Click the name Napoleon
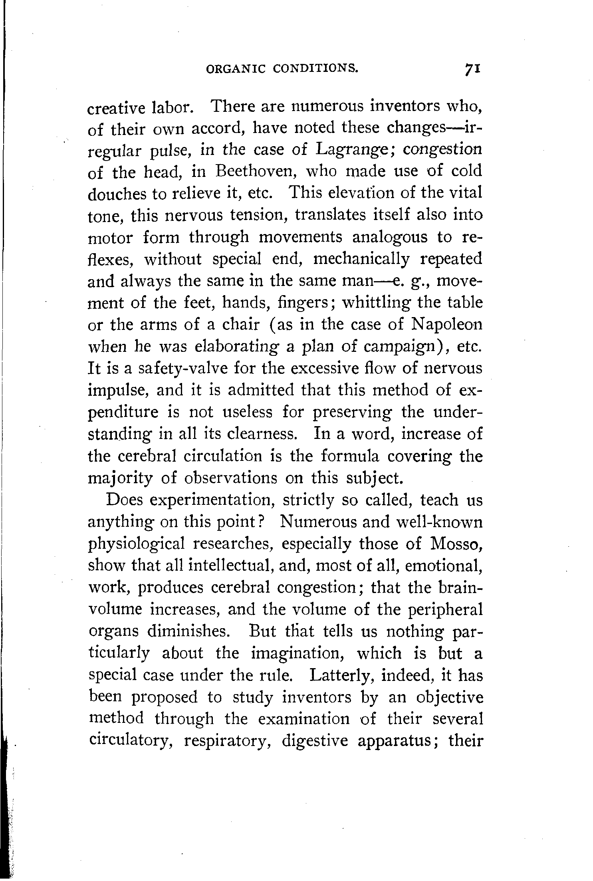click(446, 324)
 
